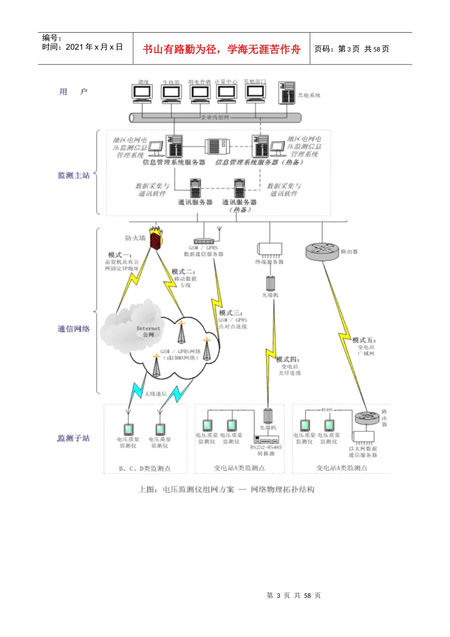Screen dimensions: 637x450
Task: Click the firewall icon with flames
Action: [155, 237]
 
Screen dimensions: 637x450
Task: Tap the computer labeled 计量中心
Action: [226, 93]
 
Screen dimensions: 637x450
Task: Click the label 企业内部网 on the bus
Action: [215, 117]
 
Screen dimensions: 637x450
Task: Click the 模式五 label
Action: [364, 340]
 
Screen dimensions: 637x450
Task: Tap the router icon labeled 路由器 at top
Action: [322, 251]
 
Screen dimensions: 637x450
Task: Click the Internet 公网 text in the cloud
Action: [148, 331]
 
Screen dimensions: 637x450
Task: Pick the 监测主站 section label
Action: [73, 175]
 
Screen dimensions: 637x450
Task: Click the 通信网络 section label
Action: [73, 329]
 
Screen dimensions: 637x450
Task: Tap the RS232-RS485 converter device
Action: [267, 439]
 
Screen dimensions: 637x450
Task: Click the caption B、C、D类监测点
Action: [145, 468]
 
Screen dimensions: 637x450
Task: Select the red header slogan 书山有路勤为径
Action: [221, 49]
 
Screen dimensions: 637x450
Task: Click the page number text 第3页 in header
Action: [349, 49]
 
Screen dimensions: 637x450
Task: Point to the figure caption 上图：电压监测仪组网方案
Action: [226, 490]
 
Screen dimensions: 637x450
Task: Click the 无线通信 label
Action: [156, 393]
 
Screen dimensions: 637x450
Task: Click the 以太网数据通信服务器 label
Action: [363, 452]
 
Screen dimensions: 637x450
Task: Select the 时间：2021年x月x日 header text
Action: [82, 47]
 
